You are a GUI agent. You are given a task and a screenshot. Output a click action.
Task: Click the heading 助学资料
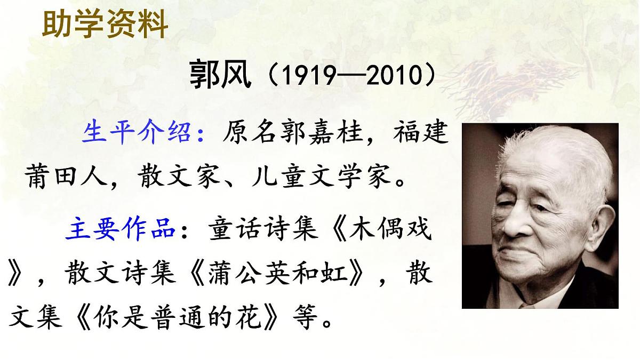(105, 24)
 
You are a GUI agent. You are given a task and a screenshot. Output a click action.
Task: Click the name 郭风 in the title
(220, 76)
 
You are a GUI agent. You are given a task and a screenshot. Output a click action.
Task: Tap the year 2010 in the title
(393, 76)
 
